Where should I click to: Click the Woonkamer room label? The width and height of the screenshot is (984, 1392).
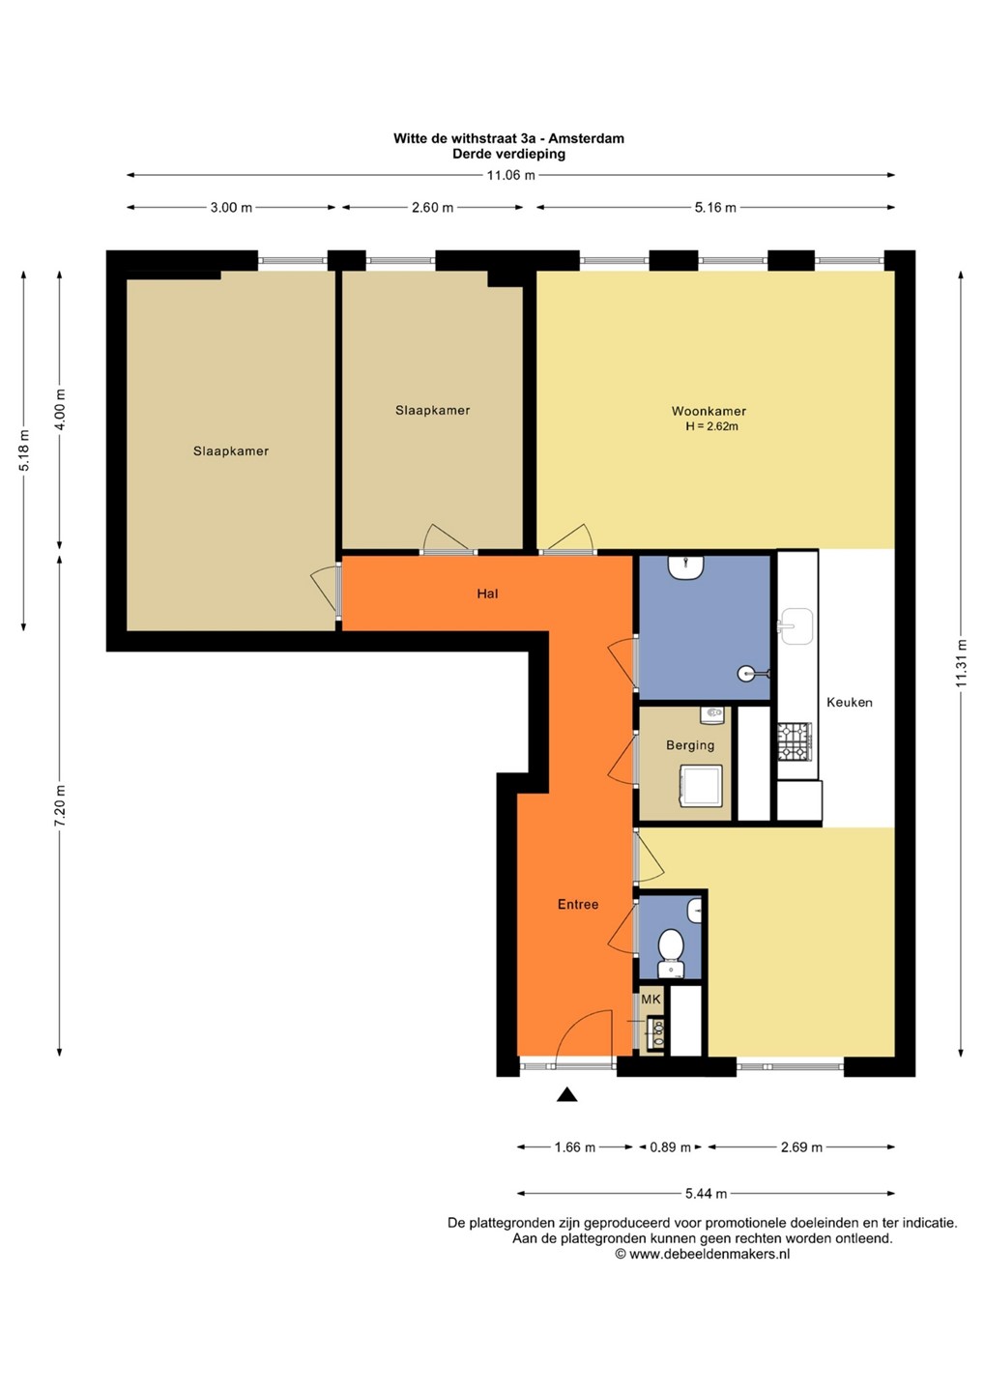tap(709, 411)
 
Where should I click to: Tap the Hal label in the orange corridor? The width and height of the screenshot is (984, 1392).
tap(487, 594)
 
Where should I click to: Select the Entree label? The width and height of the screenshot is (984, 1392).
tap(578, 904)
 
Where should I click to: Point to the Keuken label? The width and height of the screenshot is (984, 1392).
tap(850, 702)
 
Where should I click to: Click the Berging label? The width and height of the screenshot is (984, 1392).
tap(690, 745)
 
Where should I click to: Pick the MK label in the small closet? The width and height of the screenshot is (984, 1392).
tap(651, 1000)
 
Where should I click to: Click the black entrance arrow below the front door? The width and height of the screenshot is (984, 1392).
tap(566, 1094)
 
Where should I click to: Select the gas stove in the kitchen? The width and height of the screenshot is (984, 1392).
tap(795, 741)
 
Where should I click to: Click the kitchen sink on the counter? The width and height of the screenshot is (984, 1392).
tap(796, 625)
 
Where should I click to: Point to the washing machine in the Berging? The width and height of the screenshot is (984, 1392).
tap(702, 786)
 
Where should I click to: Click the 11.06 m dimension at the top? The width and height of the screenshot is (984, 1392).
tap(510, 175)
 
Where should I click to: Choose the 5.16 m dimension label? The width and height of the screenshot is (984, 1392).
tap(715, 208)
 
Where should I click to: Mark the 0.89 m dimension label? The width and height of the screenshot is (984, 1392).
tap(670, 1147)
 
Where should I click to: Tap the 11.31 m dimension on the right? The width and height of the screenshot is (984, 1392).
tap(961, 663)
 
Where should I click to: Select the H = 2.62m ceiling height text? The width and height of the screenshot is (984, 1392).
tap(712, 426)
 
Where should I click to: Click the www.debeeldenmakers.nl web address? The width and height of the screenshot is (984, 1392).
tap(709, 1254)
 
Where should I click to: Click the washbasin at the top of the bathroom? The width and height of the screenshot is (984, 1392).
tap(685, 567)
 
